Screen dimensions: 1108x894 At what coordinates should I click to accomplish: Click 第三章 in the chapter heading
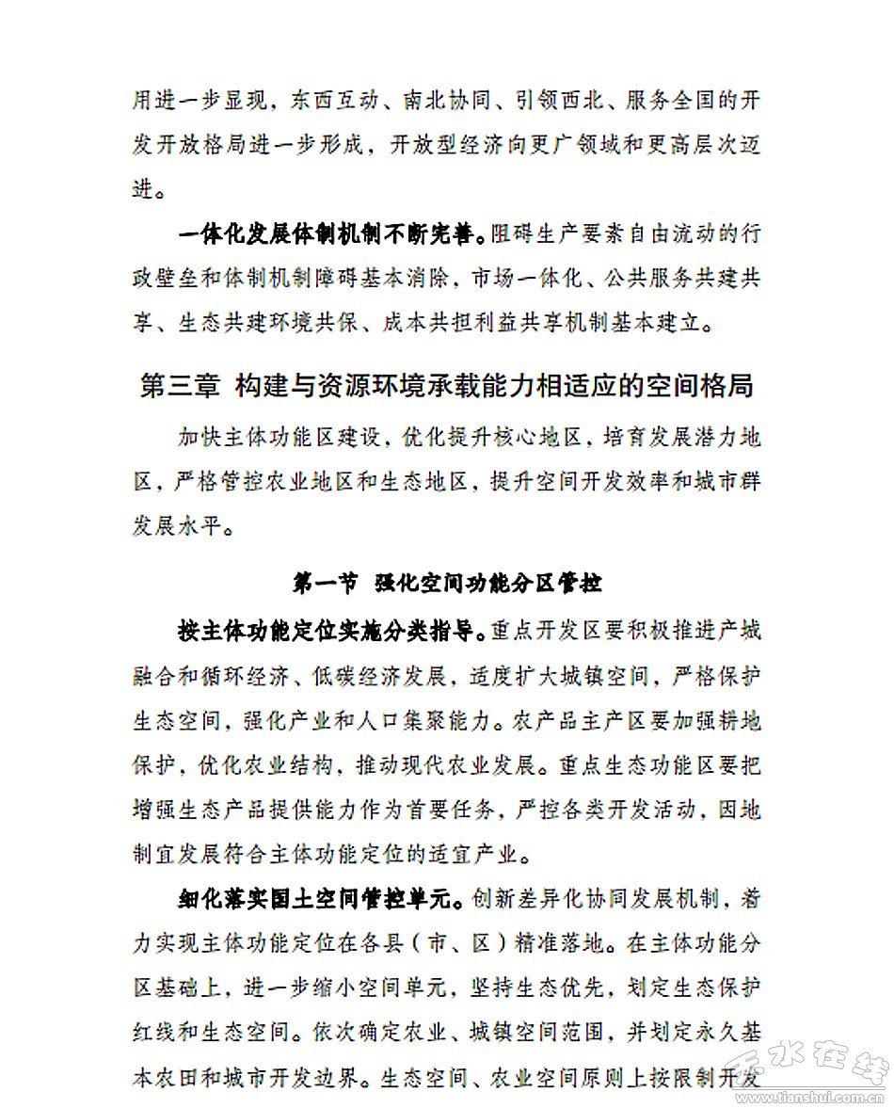click(x=180, y=388)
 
